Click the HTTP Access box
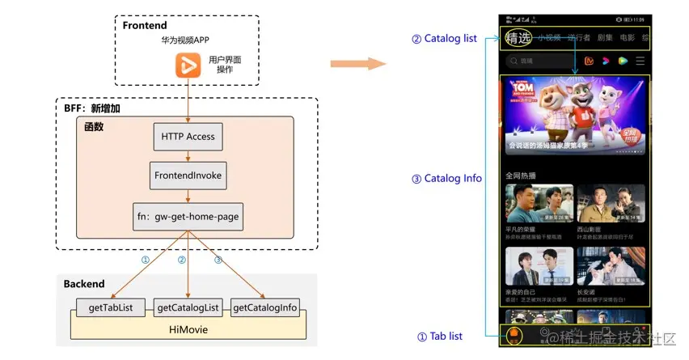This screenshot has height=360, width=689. (x=188, y=137)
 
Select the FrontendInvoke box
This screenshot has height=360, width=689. (x=188, y=175)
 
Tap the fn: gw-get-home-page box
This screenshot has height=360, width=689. (x=188, y=217)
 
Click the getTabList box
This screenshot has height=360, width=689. (x=109, y=307)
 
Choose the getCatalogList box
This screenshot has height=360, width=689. (x=188, y=307)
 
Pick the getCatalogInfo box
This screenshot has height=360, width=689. (x=265, y=307)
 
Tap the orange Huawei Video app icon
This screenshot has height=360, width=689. (x=188, y=64)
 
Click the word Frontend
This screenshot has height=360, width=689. (x=146, y=26)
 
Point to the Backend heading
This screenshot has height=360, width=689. (x=84, y=284)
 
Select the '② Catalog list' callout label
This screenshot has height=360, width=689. (x=444, y=38)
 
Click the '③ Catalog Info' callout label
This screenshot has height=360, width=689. (x=446, y=179)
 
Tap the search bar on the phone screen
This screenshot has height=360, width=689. (x=538, y=61)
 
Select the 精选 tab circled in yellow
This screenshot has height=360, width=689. (x=518, y=37)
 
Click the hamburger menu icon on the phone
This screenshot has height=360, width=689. (x=640, y=61)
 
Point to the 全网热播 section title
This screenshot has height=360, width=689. (x=522, y=175)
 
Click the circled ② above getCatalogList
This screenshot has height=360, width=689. (x=182, y=260)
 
